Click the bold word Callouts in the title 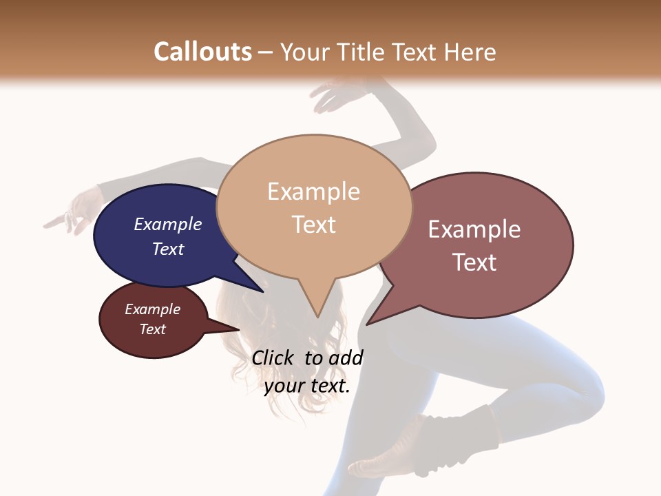[202, 52]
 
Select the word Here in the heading [470, 52]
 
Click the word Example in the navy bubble [168, 224]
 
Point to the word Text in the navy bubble [168, 249]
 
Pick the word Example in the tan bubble [313, 192]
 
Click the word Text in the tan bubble [314, 224]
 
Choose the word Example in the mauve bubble [474, 229]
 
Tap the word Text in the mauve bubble [474, 262]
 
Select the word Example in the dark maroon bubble [152, 309]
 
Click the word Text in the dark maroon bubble [152, 329]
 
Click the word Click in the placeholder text [274, 358]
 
